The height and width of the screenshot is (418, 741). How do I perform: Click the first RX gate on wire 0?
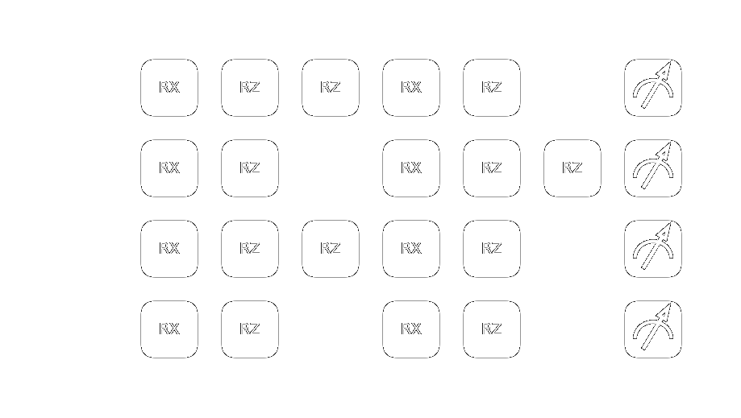[169, 88]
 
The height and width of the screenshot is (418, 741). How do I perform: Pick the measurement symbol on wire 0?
[653, 88]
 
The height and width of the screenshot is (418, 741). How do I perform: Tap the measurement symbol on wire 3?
[653, 329]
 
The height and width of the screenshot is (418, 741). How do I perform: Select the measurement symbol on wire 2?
[653, 249]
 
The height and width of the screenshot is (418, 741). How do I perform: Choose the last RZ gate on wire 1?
[572, 168]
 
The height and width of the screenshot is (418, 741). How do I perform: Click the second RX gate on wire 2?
[411, 249]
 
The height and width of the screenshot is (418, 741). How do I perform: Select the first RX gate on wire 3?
[169, 329]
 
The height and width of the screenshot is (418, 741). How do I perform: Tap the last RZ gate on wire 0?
[492, 88]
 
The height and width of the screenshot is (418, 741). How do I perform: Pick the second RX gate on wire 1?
[411, 168]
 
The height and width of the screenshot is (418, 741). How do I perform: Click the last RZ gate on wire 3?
[492, 329]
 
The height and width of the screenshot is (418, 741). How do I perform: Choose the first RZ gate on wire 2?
[250, 249]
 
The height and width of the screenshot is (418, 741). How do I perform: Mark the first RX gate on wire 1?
[169, 168]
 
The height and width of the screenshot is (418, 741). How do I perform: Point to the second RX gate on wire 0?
[411, 88]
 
